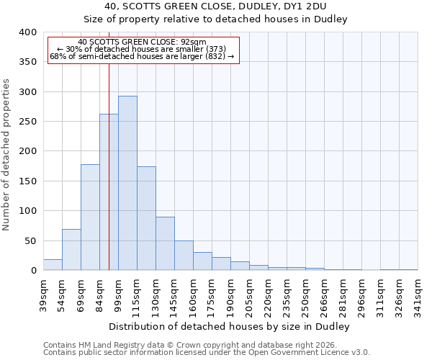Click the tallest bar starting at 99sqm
127,183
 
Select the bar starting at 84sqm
109,192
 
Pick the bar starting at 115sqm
146,219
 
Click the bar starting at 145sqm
184,256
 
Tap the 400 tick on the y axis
27,32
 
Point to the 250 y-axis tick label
27,122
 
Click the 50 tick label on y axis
30,240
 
